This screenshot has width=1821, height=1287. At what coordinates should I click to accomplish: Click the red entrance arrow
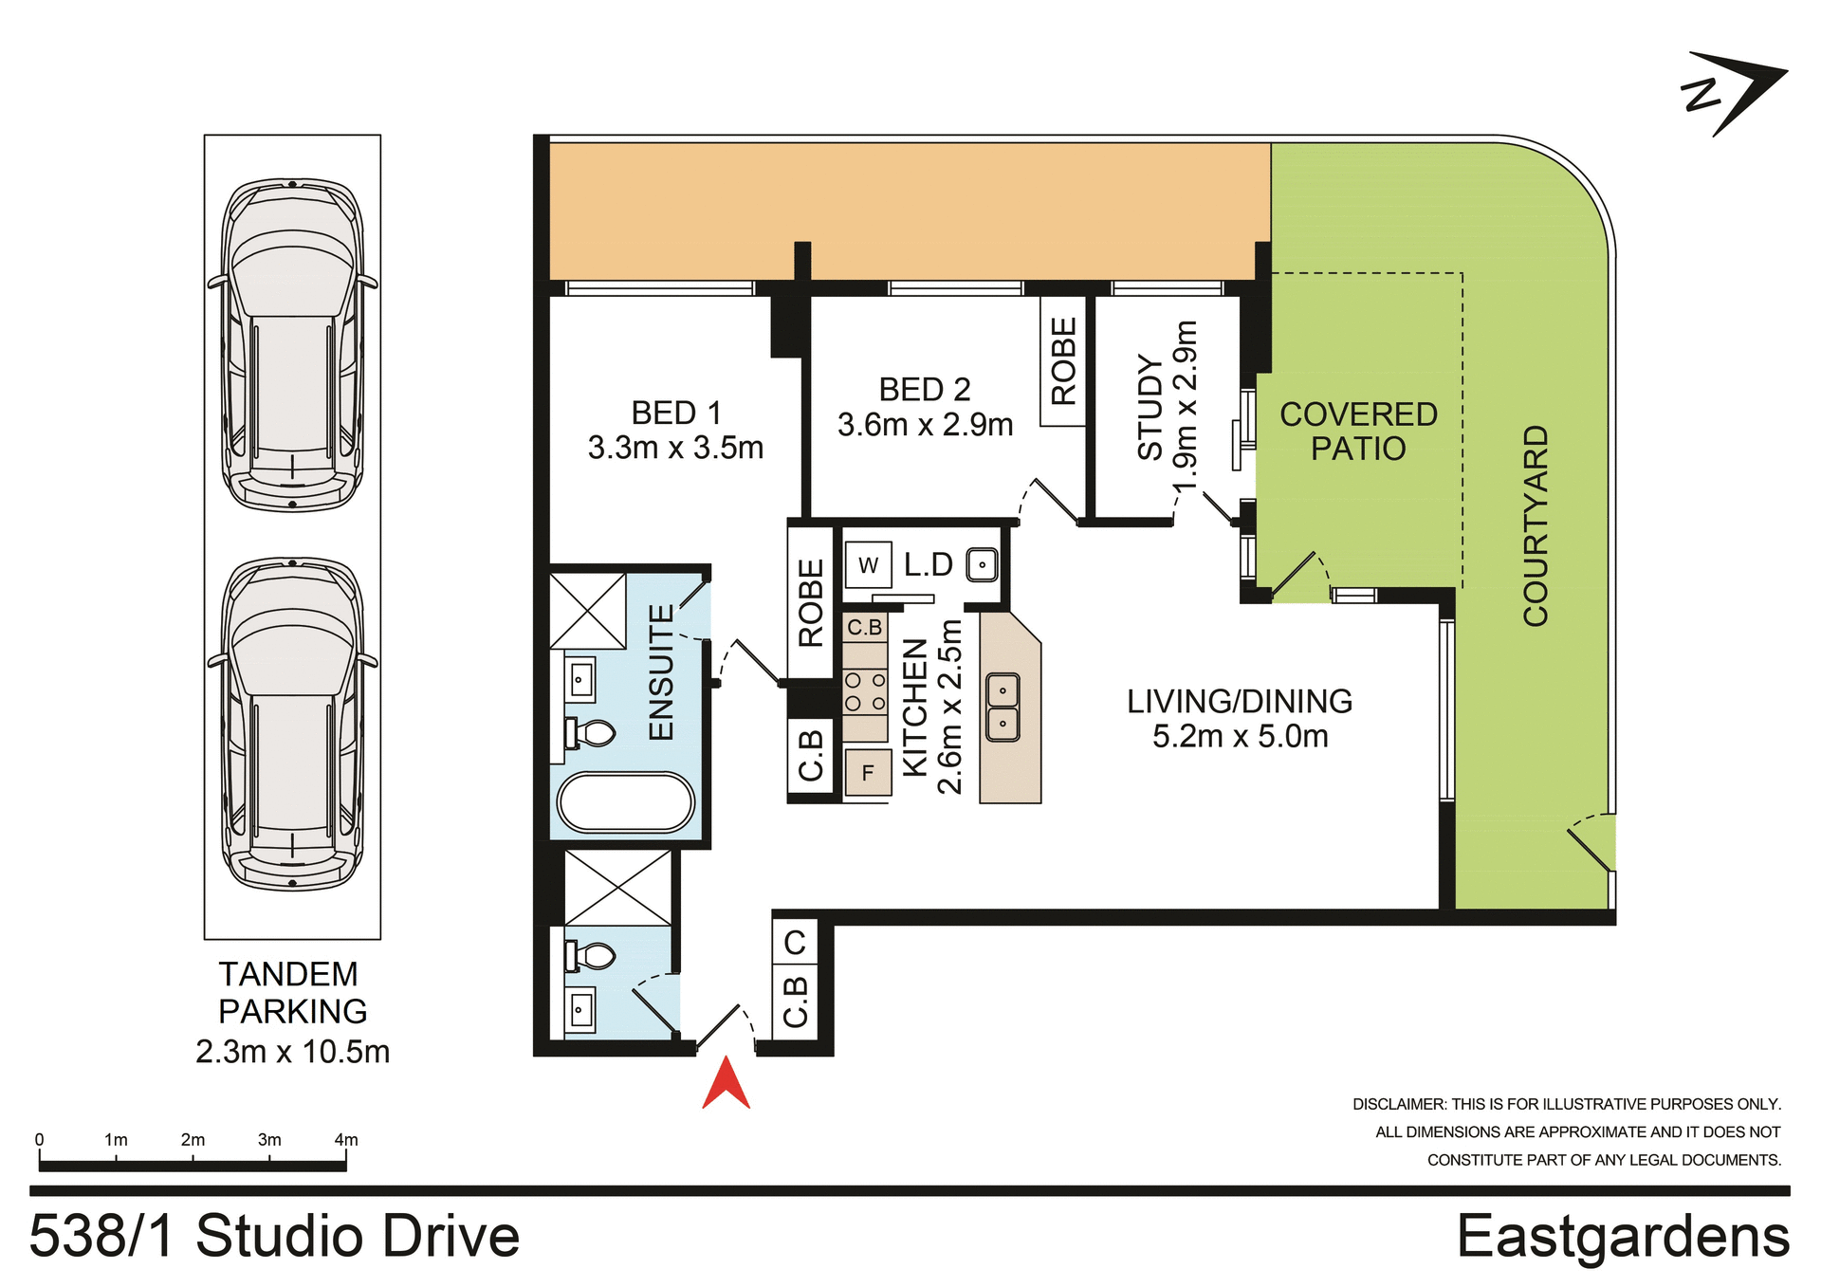tap(726, 1084)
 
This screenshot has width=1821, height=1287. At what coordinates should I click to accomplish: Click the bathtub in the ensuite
tap(626, 803)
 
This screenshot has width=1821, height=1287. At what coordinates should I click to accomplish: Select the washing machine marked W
tap(868, 566)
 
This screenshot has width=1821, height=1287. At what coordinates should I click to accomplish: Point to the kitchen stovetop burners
tap(865, 691)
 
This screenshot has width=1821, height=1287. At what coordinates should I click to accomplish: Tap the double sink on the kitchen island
tap(1002, 707)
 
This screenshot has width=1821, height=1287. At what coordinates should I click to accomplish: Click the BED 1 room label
tap(675, 414)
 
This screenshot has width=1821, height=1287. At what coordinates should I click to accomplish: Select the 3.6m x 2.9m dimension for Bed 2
tap(925, 425)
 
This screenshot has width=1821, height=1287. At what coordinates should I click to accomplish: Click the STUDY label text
tap(1150, 408)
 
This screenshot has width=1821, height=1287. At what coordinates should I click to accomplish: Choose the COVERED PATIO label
tap(1358, 432)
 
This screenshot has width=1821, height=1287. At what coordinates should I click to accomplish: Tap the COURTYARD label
tap(1536, 526)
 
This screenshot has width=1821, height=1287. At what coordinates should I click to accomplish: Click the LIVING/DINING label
tap(1240, 702)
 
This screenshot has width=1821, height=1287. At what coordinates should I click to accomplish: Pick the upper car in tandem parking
tap(293, 346)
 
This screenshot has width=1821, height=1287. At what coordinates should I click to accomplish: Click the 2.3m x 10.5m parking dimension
tap(292, 1052)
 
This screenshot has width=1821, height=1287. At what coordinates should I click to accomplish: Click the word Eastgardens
tap(1623, 1237)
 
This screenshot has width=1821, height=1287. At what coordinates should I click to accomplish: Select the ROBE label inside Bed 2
tap(1063, 361)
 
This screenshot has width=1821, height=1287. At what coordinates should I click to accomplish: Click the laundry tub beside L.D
tap(982, 565)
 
